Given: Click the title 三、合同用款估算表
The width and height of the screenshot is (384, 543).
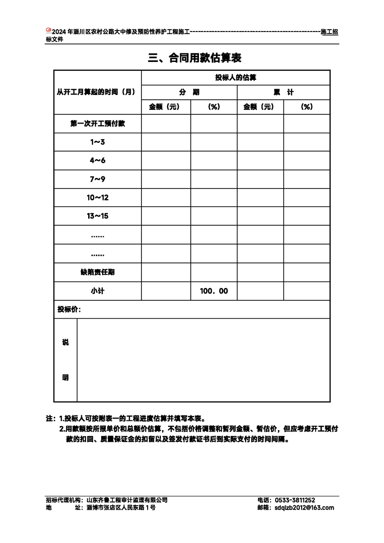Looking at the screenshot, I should pos(195,58).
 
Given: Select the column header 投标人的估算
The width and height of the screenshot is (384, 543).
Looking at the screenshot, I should pos(236,78).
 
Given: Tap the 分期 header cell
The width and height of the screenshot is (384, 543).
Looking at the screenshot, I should pos(189,93).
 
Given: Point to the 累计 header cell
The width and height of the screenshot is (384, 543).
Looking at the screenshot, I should pos(283,93).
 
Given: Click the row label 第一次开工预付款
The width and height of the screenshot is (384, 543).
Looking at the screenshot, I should pos(97,124).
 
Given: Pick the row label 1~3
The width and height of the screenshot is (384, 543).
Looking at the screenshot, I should pos(97,142).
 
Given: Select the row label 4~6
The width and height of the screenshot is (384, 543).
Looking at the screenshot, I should pos(97,160).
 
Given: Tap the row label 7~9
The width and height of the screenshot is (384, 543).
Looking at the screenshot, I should pos(97,179).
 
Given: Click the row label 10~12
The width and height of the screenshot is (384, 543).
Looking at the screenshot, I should pos(97,198).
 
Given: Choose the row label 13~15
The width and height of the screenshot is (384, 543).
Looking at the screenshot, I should pos(97,216).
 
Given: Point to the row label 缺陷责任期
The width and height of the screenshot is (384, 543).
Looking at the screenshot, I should pos(97,272).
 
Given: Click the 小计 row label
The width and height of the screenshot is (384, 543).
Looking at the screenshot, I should pos(97,291).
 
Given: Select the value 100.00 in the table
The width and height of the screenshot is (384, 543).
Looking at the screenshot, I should pos(214,291).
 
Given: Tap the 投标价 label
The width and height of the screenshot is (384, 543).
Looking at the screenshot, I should pos(69,310).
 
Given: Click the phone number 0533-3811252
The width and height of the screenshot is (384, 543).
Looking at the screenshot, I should pos(295,500).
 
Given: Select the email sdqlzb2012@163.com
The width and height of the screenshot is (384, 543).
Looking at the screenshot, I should pos(304,508).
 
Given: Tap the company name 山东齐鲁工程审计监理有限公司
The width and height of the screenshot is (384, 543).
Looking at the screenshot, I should pos(127,500).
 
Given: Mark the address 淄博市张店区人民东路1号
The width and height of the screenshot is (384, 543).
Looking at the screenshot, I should pos(121,508).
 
